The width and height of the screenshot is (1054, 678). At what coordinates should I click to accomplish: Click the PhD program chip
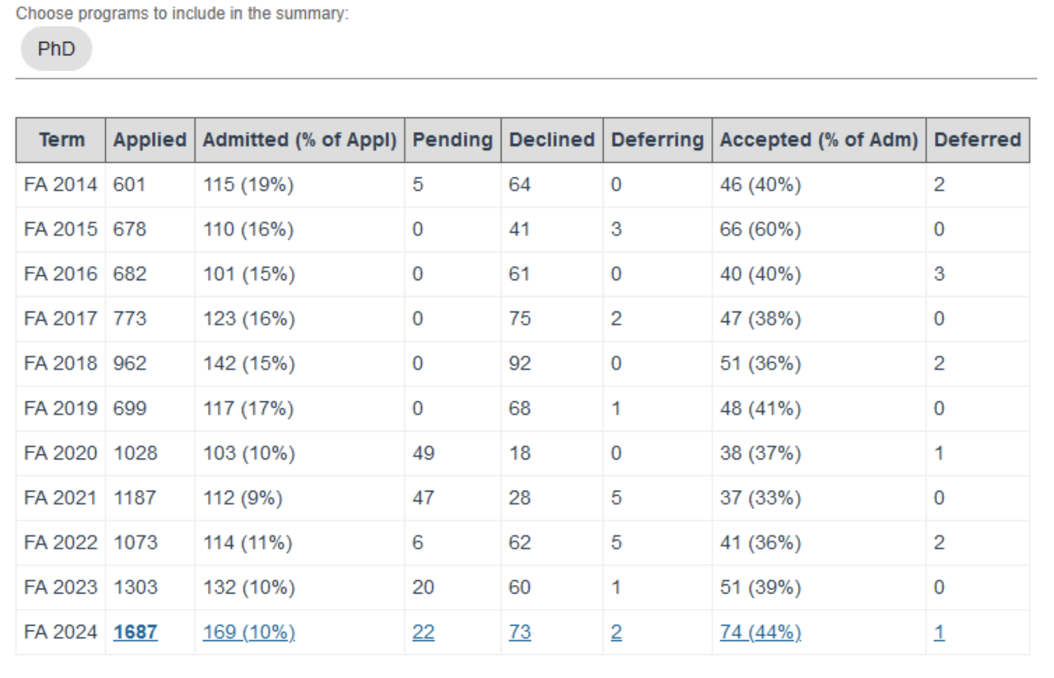coord(56,49)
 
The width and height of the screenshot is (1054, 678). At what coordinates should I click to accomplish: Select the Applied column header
coord(150,140)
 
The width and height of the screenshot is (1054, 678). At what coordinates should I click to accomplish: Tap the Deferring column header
coord(657,140)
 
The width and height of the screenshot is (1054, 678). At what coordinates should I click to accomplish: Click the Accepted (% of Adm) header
coord(818,140)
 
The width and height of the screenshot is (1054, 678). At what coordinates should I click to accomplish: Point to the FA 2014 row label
coord(60,184)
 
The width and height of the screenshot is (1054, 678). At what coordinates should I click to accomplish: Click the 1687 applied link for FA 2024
coord(135,632)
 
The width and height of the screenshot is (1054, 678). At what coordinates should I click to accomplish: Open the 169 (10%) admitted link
coord(249,632)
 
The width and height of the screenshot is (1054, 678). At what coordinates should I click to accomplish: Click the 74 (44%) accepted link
coord(760,632)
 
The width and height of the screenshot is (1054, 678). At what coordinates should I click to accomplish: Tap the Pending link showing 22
coord(423,632)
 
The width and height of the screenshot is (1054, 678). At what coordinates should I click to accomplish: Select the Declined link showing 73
coord(520,632)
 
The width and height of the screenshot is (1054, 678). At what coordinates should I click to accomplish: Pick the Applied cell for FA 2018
coord(129,363)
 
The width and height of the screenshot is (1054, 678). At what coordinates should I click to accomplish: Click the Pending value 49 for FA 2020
coord(423,453)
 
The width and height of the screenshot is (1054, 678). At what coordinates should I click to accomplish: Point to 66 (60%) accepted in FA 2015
coord(760,229)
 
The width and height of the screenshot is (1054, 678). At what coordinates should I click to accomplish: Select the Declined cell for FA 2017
coord(520,318)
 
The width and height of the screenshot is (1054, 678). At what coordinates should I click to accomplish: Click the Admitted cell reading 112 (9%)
coord(243,498)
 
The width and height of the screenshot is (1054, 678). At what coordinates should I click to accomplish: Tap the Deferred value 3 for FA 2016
coord(939,273)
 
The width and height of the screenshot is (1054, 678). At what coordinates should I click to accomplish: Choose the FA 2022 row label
coord(60,542)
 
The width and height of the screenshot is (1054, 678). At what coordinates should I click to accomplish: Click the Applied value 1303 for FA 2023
coord(135,587)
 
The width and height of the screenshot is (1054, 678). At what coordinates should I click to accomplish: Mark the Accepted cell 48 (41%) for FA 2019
coord(760,408)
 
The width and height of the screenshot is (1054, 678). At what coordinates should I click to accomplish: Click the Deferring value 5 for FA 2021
coord(616,498)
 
